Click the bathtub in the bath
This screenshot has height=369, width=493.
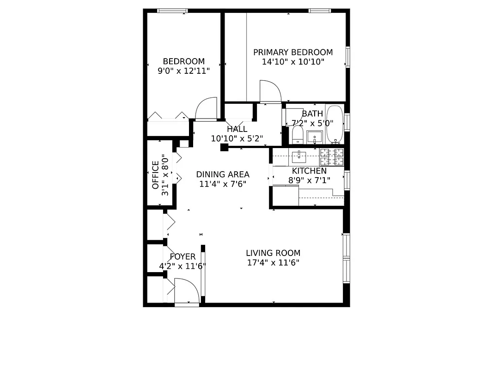(334, 124)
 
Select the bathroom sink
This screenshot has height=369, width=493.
(315, 137)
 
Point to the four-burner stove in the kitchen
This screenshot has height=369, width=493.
(332, 157)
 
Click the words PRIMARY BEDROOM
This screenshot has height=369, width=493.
(292, 53)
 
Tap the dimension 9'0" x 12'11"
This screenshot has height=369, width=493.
(183, 71)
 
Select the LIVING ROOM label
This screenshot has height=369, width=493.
(273, 253)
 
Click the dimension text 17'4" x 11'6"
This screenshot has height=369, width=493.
(273, 263)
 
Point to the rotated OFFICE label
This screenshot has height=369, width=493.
(155, 175)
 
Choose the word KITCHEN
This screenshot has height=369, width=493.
(309, 171)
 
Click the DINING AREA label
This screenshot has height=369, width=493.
(222, 174)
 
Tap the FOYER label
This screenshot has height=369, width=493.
(183, 257)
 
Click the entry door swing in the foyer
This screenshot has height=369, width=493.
(187, 291)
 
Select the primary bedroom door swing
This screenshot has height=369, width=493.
(270, 91)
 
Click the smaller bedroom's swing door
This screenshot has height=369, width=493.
(207, 109)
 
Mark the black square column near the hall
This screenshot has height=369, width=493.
(225, 148)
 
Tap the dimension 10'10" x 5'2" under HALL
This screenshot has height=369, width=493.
(237, 138)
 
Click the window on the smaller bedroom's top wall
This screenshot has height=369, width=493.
(172, 11)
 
